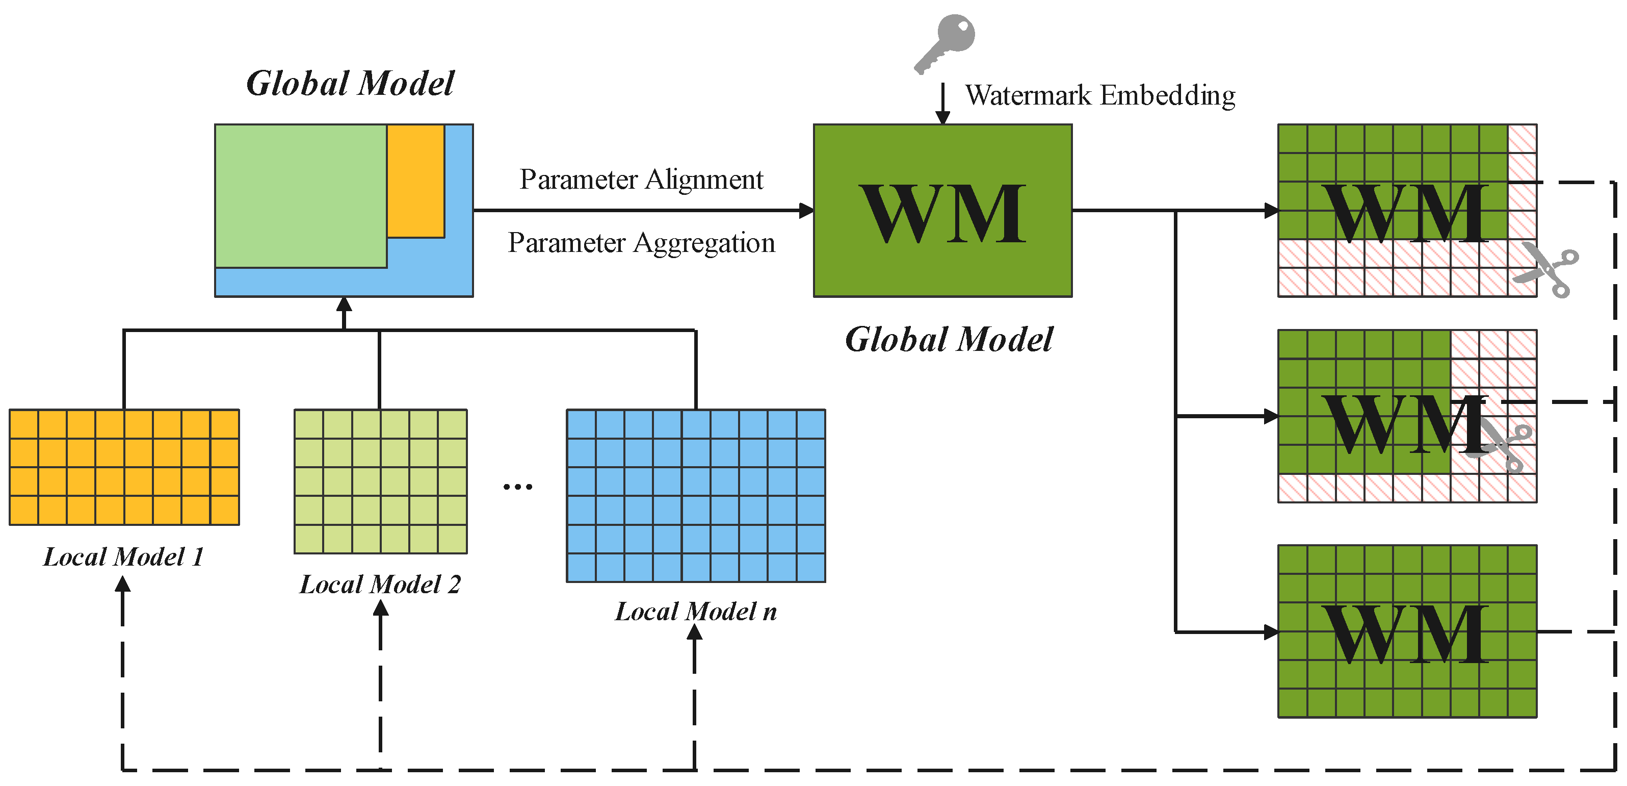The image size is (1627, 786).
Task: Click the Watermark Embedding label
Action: point(1099,95)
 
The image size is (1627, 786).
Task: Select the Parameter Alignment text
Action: point(641,180)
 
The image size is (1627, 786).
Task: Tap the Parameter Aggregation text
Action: point(641,243)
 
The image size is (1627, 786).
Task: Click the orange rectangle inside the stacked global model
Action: point(415,181)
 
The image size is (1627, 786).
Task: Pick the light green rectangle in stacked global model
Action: point(301,196)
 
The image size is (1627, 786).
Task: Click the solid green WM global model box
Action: point(942,211)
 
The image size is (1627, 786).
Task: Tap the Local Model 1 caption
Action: point(124,556)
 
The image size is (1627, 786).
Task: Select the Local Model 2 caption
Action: point(380,585)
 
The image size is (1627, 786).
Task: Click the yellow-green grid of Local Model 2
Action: point(380,481)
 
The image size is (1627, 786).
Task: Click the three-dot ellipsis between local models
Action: point(517,487)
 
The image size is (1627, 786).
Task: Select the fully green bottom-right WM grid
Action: point(1407,631)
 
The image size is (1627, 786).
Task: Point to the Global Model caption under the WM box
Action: point(949,340)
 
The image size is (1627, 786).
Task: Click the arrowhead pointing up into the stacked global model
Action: point(344,305)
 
